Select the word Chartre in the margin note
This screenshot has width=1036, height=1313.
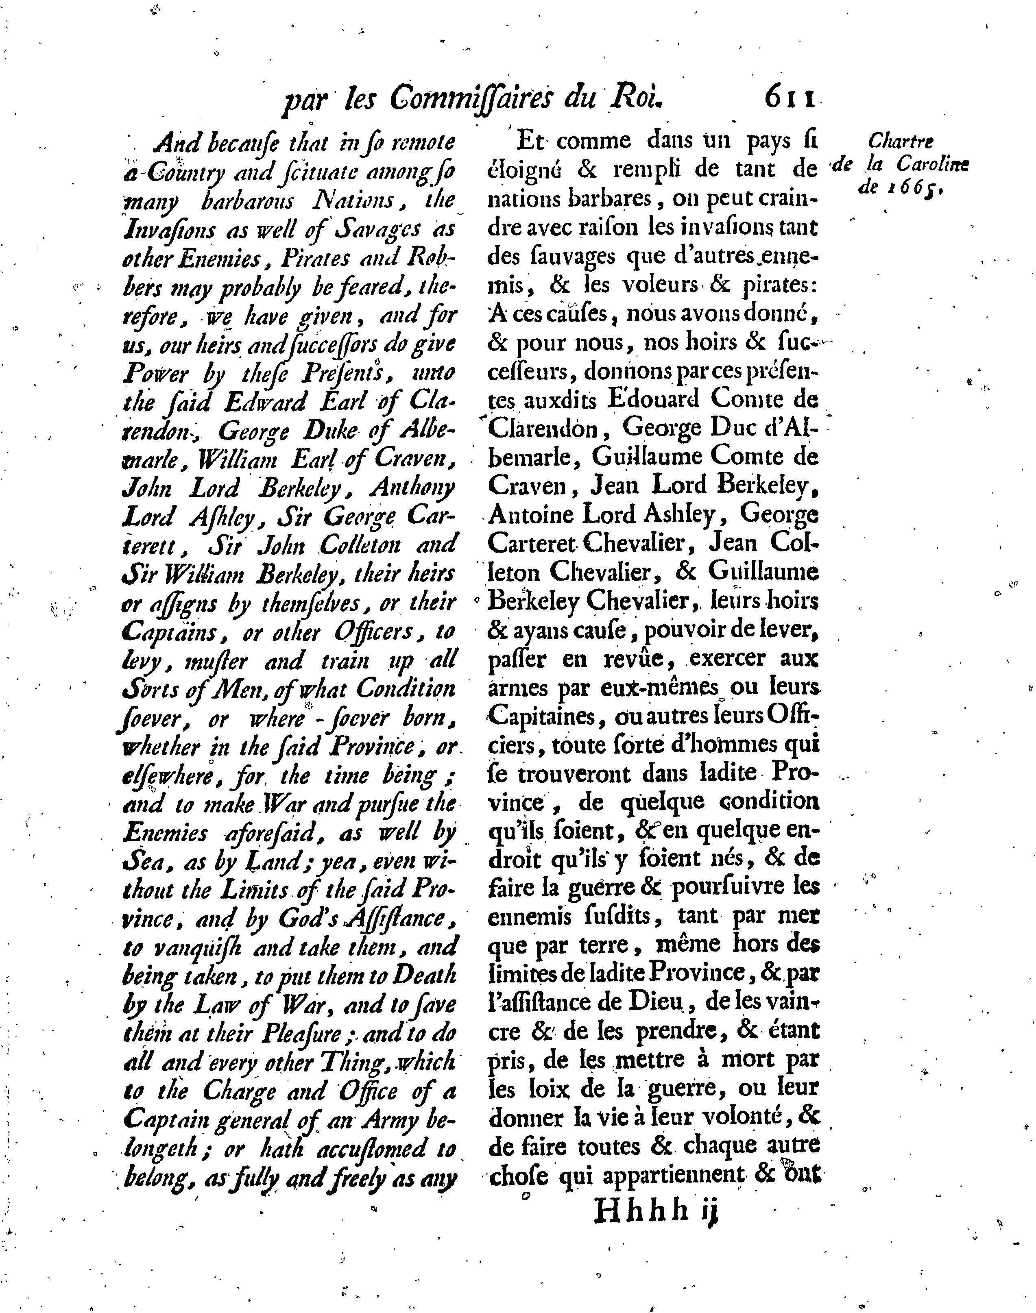[901, 142]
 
